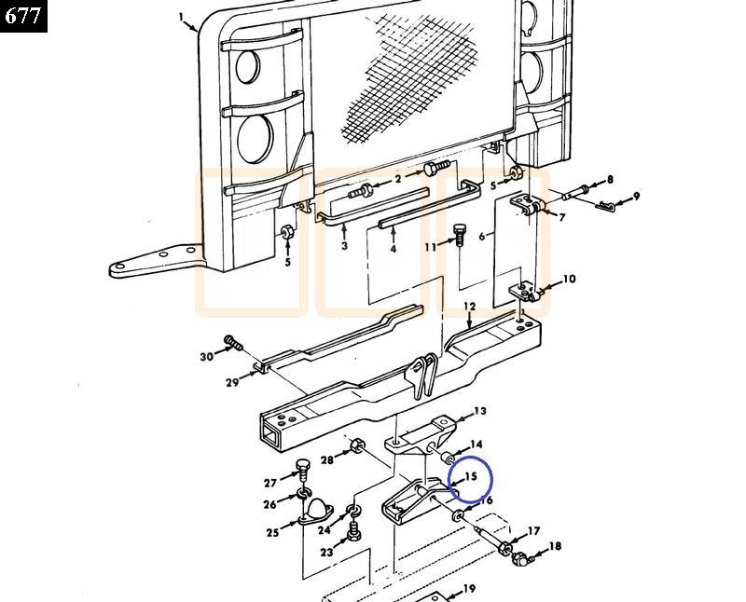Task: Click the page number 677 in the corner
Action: [x=22, y=15]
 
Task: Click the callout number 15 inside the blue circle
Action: [x=472, y=476]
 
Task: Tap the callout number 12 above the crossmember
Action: [x=469, y=306]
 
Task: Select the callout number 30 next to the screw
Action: [x=206, y=356]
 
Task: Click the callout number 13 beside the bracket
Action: [x=480, y=411]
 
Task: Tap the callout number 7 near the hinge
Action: [x=561, y=217]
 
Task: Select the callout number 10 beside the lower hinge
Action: [x=569, y=279]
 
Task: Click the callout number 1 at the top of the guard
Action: [x=184, y=17]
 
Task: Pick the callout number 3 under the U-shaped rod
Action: [x=344, y=246]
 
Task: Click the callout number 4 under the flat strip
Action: [x=394, y=249]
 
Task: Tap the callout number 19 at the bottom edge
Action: [x=469, y=589]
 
